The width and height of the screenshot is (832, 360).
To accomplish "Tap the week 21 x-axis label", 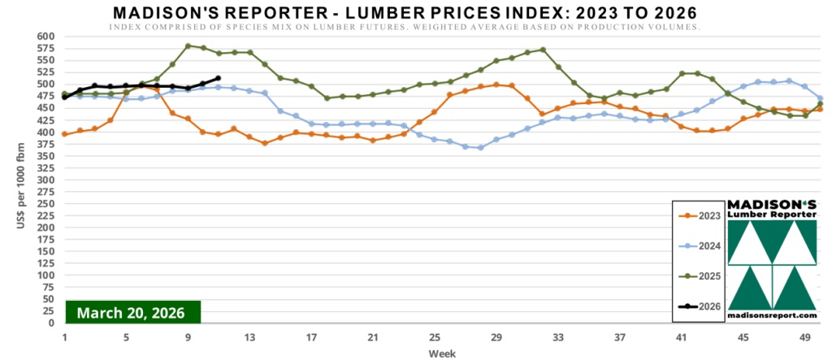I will pos(373,337).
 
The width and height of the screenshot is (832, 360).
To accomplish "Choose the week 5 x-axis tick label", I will pos(126,337).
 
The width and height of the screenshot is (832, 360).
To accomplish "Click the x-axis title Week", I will pos(441,353).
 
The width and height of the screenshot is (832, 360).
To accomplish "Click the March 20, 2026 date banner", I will pos(131,312).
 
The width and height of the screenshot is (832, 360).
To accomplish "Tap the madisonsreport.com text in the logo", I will pos(771,314).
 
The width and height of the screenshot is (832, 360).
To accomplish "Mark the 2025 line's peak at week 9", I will pos(188,46).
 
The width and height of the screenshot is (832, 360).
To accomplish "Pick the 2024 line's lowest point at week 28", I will pos(481,147).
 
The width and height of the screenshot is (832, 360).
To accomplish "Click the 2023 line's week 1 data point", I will pos(64,134).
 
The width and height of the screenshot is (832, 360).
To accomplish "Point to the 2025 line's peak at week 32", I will pos(543,50).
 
